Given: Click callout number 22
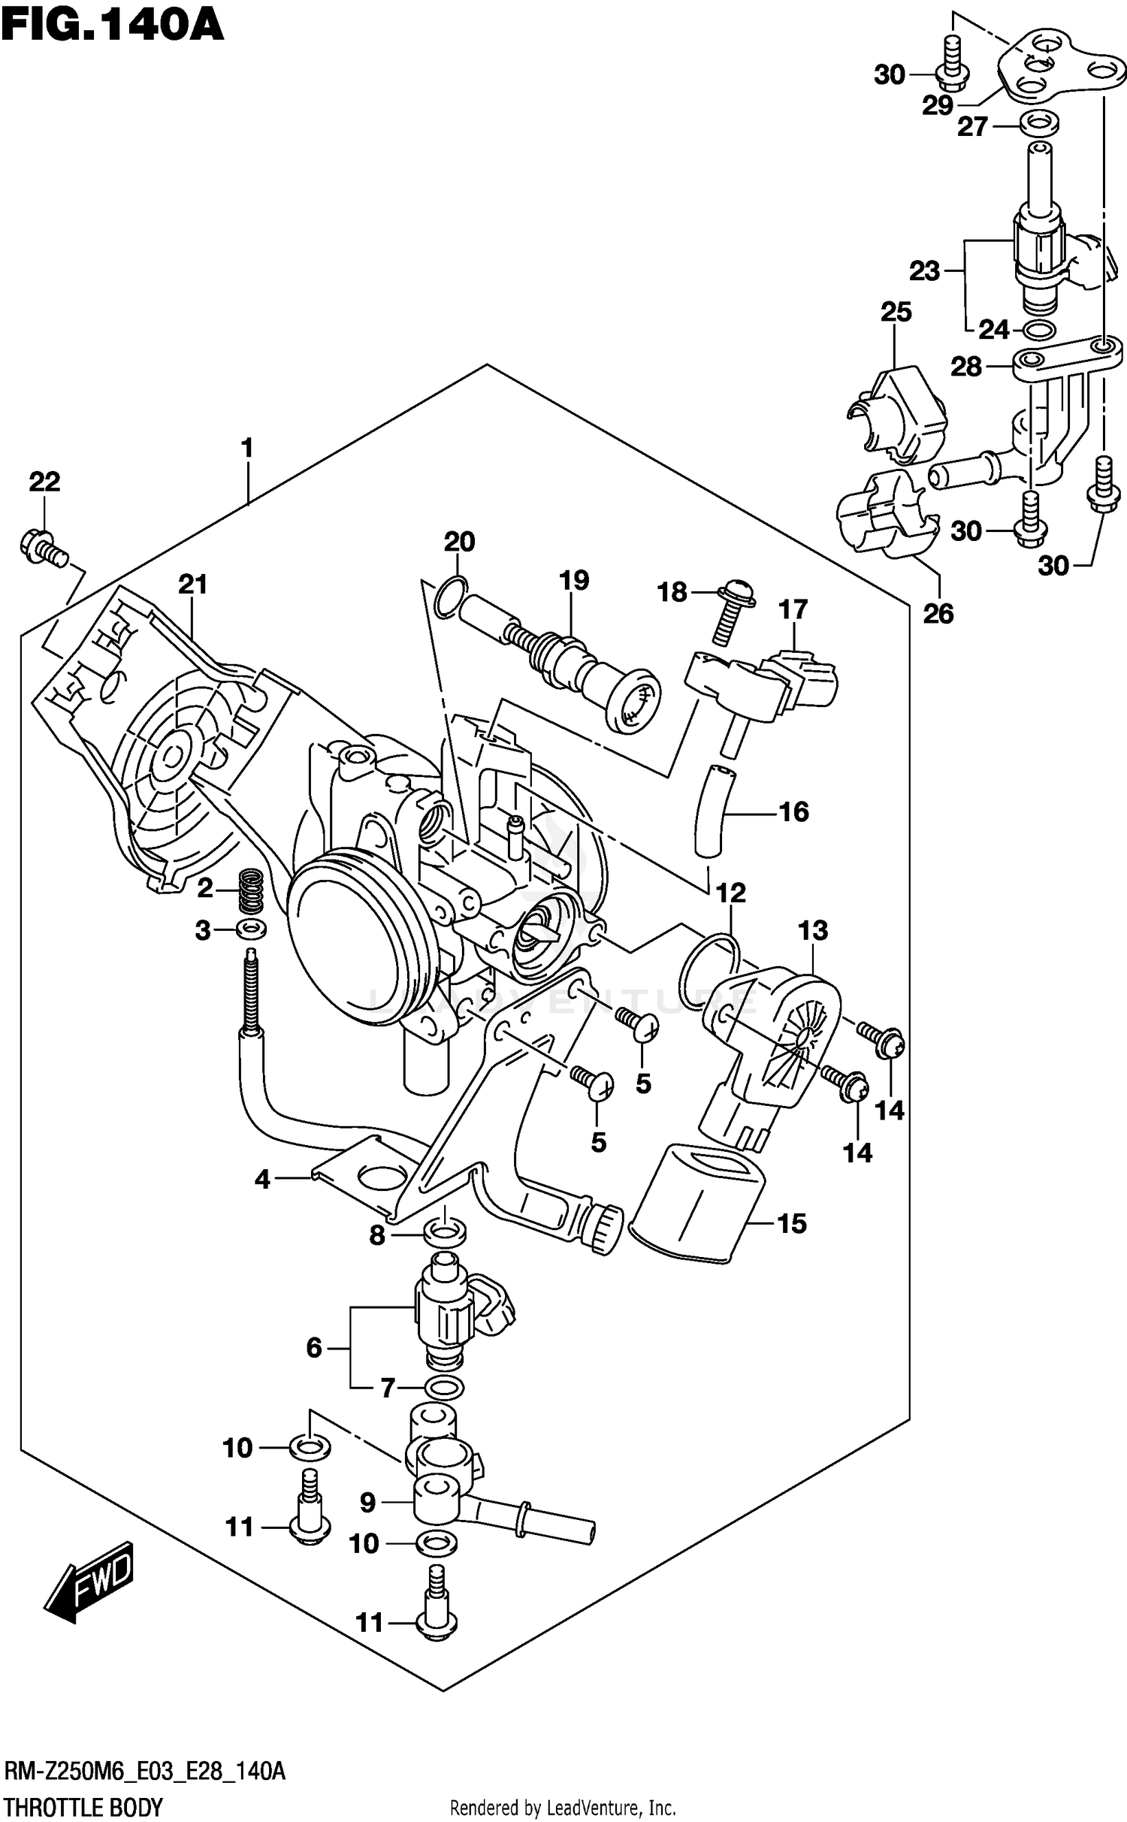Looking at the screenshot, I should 44,482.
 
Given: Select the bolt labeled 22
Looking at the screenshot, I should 44,548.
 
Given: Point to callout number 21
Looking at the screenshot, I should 192,584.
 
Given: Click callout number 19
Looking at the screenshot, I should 574,580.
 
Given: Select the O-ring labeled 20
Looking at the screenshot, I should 450,594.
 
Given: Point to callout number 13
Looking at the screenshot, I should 812,930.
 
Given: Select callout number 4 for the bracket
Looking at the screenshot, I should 261,1180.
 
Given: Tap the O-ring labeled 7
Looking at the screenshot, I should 444,1387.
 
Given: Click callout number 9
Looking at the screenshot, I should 367,1502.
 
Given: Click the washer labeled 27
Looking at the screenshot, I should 1038,122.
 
